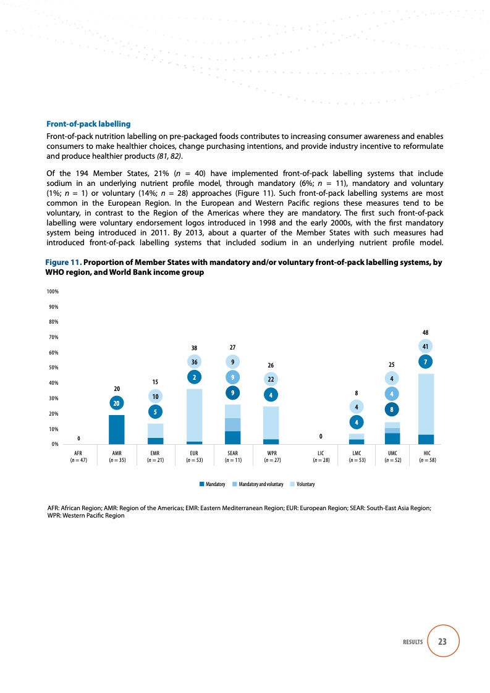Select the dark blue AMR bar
coord(116,429)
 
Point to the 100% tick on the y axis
coord(53,291)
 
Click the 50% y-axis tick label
coord(53,367)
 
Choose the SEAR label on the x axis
coord(232,452)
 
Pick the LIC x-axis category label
coord(320,452)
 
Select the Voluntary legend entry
coord(303,484)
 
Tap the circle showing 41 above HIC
coord(426,346)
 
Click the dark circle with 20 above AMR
coord(116,403)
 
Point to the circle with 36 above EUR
coord(194,362)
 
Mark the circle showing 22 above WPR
coord(271,379)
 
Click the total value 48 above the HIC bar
coord(426,332)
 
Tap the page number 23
coord(442,642)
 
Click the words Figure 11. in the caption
coord(63,262)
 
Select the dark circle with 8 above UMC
coord(392,408)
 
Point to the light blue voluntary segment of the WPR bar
coord(271,422)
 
